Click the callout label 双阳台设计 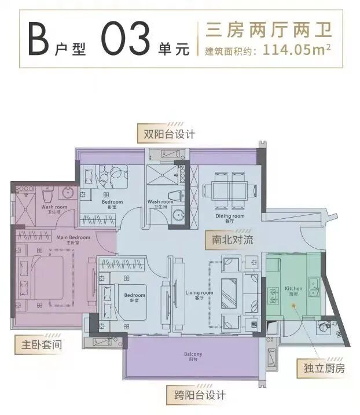click(167, 134)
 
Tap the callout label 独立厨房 click(320, 368)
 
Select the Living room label click(200, 294)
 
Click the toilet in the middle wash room click(174, 196)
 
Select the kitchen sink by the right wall click(314, 285)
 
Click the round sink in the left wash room click(66, 193)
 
